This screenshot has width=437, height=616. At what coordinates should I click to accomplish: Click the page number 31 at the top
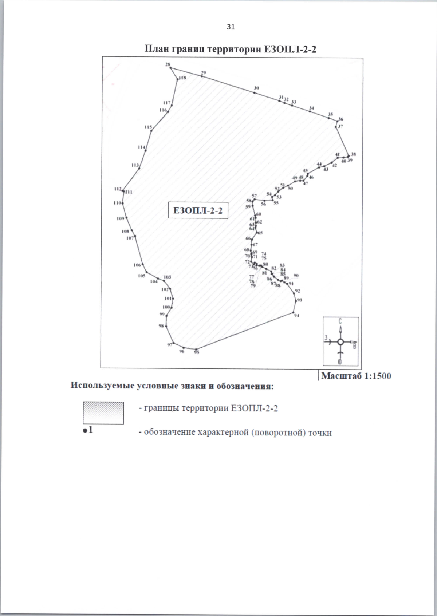coord(231,27)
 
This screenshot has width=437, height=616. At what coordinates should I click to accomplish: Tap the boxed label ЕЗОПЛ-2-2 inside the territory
coord(198,210)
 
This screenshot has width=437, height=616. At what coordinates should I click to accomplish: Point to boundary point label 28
coord(168,64)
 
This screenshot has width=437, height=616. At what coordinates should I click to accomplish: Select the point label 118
coord(182,78)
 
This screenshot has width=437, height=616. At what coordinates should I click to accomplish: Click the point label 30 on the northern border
coord(256,88)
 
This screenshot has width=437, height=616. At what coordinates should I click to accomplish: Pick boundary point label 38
coord(353,154)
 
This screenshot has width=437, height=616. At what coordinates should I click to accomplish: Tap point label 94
coord(297,316)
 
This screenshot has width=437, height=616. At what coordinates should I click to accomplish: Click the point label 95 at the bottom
coord(197,352)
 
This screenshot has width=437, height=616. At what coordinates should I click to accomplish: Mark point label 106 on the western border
coord(137,265)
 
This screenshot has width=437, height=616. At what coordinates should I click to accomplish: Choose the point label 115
coord(148,127)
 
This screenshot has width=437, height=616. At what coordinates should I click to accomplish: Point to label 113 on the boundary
coord(135,165)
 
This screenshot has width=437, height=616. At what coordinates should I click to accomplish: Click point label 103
coord(167,277)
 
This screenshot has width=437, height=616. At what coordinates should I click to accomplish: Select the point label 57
coord(254,196)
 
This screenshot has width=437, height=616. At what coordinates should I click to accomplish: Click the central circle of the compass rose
coord(340,342)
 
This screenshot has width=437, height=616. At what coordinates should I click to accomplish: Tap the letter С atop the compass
coord(340,321)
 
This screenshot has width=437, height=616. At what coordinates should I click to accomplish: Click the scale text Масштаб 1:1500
coord(356,376)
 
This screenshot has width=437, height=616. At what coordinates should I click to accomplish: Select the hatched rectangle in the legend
coord(103,412)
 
